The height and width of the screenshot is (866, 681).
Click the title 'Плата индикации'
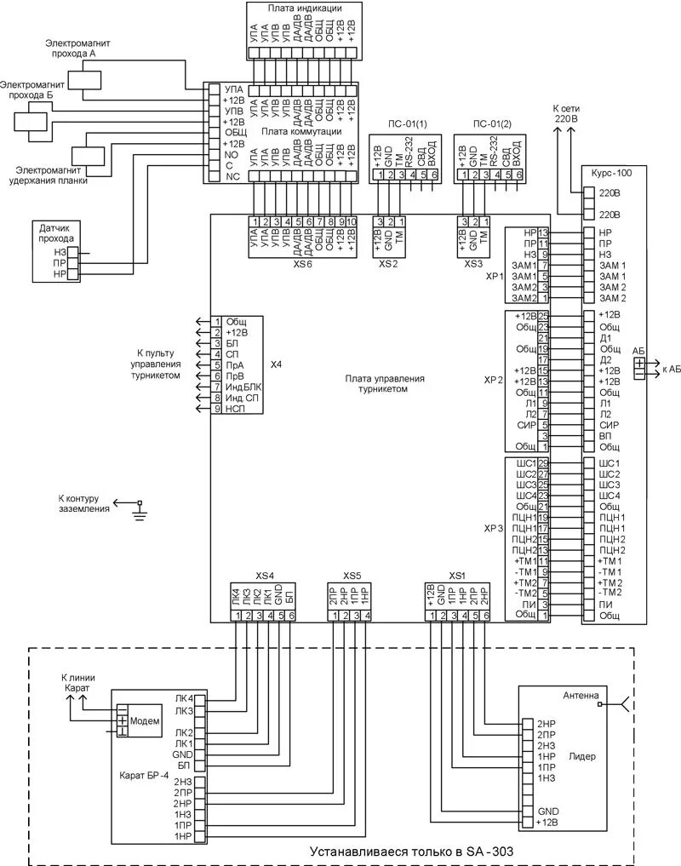coord(305,8)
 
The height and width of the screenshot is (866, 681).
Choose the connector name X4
coord(275,364)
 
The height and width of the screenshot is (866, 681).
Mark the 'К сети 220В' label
coord(564,115)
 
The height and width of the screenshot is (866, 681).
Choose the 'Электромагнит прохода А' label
coord(79,47)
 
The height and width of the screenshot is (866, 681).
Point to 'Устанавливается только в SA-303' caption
coord(411,852)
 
